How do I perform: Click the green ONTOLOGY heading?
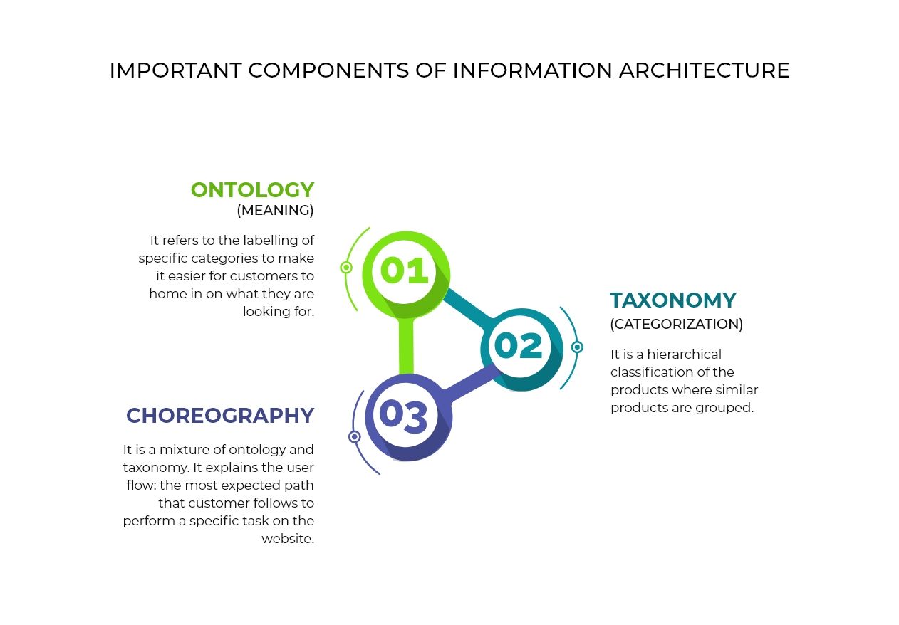(x=252, y=190)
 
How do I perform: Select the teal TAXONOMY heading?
(x=673, y=300)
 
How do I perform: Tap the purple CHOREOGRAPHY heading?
(x=220, y=416)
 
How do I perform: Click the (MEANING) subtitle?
(x=275, y=210)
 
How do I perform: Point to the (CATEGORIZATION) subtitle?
(x=677, y=324)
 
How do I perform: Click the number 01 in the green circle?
(x=404, y=270)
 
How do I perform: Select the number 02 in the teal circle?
(x=519, y=345)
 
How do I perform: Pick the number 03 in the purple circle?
(x=403, y=417)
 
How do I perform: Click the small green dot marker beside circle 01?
(x=346, y=268)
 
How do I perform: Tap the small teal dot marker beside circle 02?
(x=577, y=347)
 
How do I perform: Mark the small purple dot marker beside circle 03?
(x=354, y=436)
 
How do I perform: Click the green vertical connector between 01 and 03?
(x=406, y=346)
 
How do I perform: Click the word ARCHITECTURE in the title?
(x=705, y=70)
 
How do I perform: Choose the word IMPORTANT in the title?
(x=176, y=70)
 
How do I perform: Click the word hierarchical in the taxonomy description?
(x=685, y=354)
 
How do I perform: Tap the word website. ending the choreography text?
(x=288, y=539)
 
